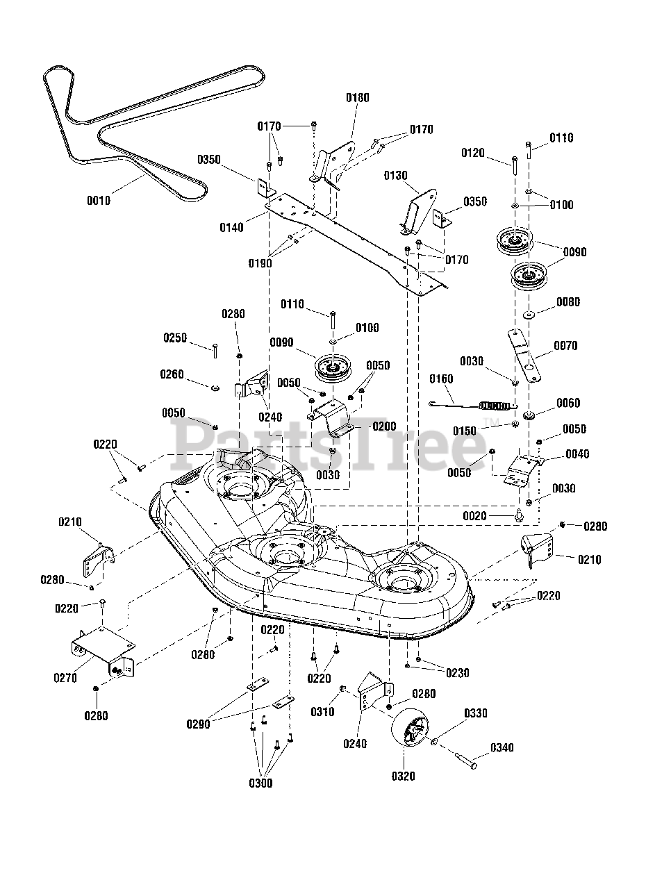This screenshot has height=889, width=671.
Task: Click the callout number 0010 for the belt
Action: click(99, 201)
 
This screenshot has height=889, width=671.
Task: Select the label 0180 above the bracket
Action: click(358, 98)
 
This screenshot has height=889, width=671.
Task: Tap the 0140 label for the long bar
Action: click(231, 228)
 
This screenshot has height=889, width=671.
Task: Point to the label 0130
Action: click(396, 176)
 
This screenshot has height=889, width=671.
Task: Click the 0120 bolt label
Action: click(473, 153)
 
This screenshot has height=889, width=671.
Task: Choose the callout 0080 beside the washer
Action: click(568, 301)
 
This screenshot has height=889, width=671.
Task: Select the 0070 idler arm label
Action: click(565, 346)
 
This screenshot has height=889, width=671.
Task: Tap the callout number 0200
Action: click(384, 426)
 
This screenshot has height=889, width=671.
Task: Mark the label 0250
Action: click(175, 338)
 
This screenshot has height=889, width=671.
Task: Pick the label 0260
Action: click(172, 374)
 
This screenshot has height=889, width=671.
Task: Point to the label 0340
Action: click(502, 747)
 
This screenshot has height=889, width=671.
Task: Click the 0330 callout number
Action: click(475, 713)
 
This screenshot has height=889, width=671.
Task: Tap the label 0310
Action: click(322, 712)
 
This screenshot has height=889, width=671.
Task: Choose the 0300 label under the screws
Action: click(260, 783)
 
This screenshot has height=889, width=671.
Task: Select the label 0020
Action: click(474, 516)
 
